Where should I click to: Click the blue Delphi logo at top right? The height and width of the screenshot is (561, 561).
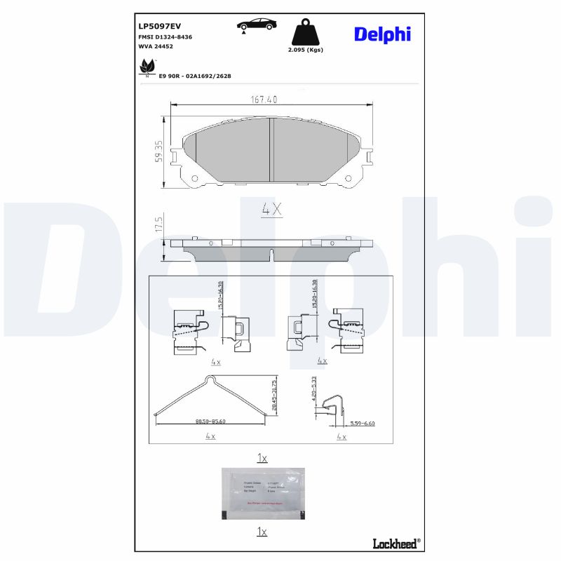pos(382,34)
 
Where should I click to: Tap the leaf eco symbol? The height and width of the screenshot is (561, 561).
pos(147,67)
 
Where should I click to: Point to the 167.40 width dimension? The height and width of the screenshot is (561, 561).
pos(264,100)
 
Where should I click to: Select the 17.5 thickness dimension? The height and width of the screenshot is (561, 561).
pos(159,224)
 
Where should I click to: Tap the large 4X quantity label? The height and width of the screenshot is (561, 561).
pos(271,209)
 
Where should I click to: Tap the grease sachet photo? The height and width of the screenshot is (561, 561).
pos(264,494)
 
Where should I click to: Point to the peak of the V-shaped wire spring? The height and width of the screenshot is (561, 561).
pos(210,379)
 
